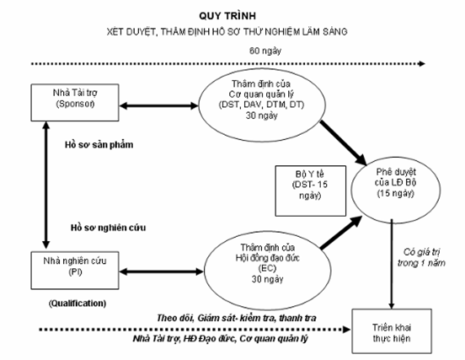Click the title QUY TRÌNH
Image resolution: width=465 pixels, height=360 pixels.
coord(227,15)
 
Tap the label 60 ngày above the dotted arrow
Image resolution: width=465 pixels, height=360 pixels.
coord(265,51)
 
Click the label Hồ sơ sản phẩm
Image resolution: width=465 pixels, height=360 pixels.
coord(99,145)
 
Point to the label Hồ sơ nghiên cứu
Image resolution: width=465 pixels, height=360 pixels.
coord(108,228)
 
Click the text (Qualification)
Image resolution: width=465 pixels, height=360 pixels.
coord(77,304)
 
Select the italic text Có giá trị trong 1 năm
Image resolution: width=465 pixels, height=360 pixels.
coord(421,258)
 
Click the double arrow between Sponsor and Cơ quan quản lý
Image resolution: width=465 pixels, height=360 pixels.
coord(158,105)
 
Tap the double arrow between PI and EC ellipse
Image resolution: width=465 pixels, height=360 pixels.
coord(162,271)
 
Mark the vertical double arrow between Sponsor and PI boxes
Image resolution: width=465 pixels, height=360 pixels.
coord(45,185)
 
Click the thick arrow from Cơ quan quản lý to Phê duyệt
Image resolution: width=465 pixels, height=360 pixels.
coord(344,142)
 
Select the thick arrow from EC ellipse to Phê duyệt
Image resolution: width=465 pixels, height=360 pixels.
coord(341,232)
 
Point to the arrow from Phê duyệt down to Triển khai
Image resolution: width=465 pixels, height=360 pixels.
coord(392,264)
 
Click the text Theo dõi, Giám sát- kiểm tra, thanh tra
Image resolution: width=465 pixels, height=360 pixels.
coord(237,318)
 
